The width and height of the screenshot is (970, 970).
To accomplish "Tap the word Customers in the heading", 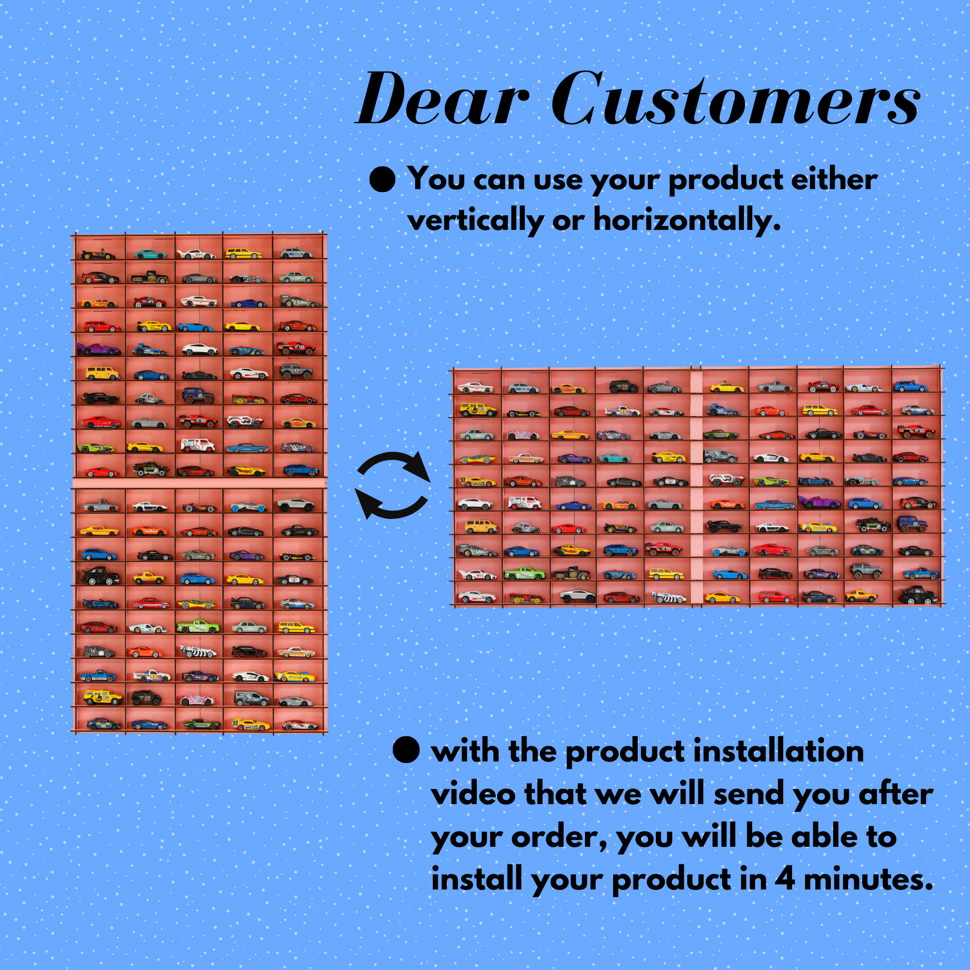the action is pos(736,98).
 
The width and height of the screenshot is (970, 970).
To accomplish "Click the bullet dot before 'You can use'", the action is pos(382,179).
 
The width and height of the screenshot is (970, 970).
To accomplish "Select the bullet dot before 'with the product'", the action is pos(405,750).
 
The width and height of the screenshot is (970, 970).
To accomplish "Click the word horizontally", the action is pos(687,219).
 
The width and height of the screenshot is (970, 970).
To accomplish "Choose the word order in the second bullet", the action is pos(559,837).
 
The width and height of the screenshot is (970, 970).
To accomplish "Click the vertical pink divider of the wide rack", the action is pos(695,486).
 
